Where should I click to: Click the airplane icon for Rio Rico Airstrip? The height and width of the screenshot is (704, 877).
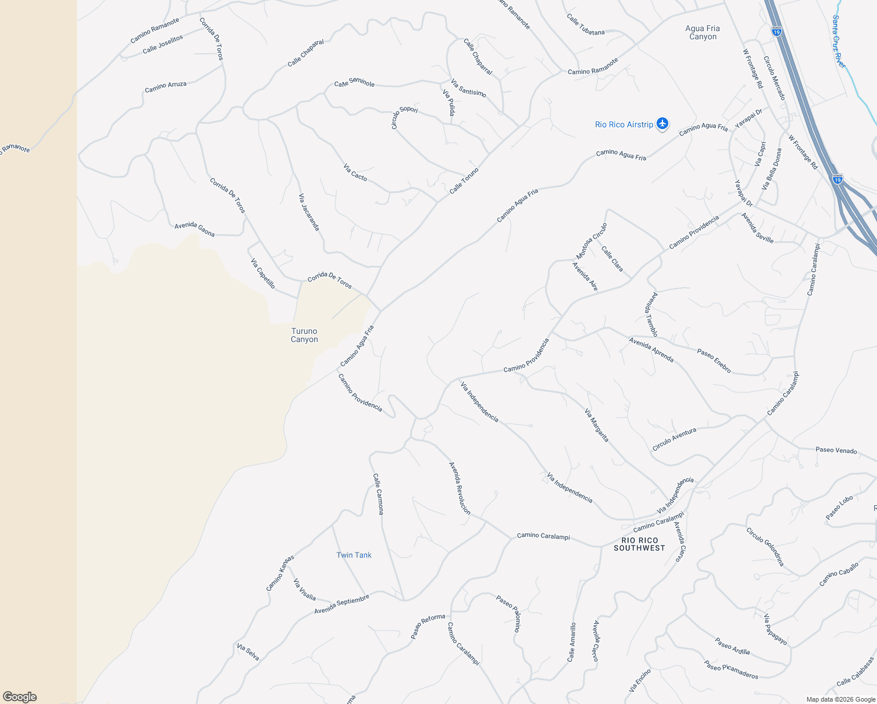662,124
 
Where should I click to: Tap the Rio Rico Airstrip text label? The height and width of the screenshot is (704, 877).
624,124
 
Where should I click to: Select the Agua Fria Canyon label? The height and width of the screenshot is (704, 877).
702,32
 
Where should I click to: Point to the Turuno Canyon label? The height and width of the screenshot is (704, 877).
304,335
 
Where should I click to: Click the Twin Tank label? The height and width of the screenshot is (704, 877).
353,555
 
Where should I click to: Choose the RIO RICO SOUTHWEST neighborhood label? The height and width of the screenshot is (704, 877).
639,544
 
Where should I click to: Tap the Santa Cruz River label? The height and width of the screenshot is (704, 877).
838,41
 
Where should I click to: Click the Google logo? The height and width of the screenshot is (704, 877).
19,696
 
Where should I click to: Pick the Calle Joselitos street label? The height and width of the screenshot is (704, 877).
163,45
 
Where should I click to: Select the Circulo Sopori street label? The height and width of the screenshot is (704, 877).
404,117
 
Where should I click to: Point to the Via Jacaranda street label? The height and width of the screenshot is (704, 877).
309,212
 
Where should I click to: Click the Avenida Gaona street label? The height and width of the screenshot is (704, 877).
195,229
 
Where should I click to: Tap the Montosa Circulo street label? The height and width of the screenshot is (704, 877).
591,241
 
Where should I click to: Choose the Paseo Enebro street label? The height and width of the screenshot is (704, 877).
713,360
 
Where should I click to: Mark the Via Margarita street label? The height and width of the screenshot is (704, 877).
596,425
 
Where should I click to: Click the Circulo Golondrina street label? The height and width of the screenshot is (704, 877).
765,546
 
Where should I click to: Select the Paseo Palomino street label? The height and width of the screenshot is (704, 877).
508,613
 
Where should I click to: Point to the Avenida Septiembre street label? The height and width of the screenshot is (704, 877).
341,604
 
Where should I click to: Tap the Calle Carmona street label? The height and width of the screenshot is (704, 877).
378,494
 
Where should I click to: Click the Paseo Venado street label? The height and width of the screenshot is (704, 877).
836,450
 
